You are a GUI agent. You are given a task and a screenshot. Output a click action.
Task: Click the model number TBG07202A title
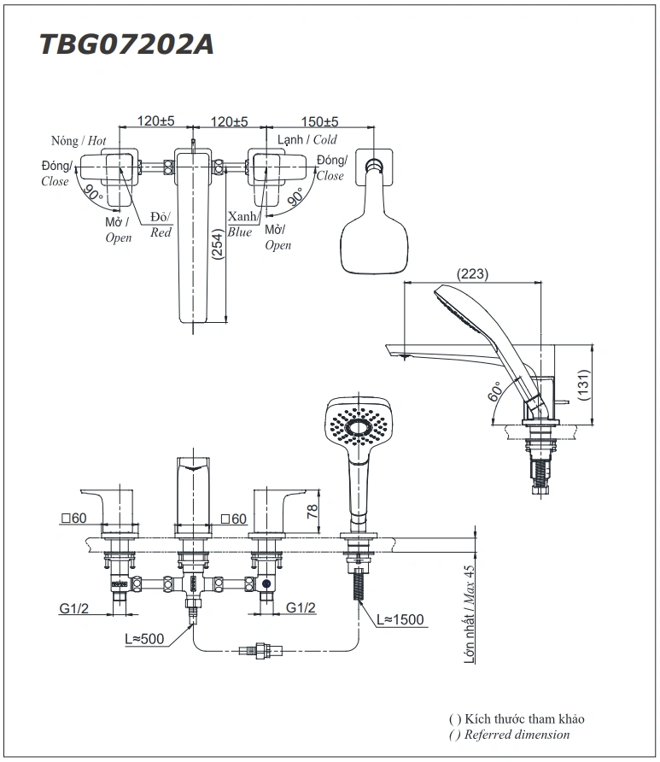pyautogui.click(x=126, y=44)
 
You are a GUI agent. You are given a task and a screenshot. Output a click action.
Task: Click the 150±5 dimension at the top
pyautogui.click(x=319, y=122)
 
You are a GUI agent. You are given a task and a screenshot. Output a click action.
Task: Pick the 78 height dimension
pyautogui.click(x=313, y=511)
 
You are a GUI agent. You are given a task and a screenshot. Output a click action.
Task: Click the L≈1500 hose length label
pyautogui.click(x=399, y=620)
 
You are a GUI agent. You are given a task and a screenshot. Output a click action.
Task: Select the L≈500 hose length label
pyautogui.click(x=145, y=638)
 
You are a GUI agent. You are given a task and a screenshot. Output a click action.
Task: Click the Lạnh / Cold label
pyautogui.click(x=307, y=140)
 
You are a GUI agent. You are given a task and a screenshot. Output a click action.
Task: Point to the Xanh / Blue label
pyautogui.click(x=241, y=225)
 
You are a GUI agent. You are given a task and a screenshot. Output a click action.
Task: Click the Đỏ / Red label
pyautogui.click(x=161, y=225)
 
